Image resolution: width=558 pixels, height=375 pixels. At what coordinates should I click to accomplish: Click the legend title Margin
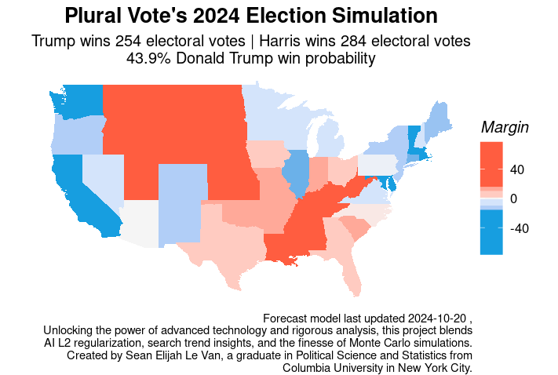point(504,127)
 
